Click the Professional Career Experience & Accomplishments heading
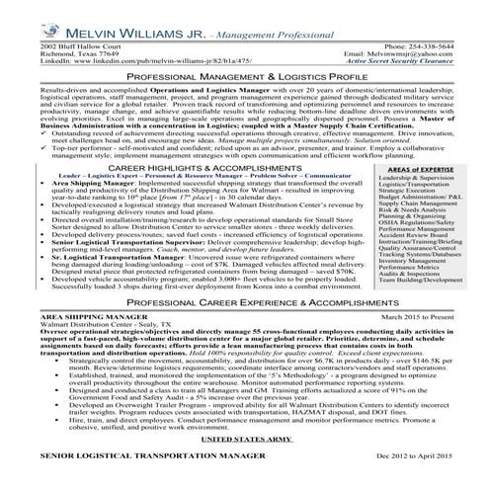[x=244, y=325]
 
